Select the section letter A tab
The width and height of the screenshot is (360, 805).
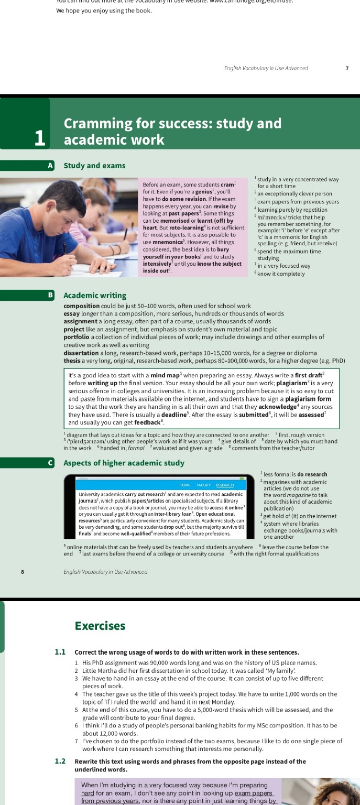(50, 166)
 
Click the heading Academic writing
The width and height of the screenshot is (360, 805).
(95, 295)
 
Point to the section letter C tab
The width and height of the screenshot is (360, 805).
(50, 463)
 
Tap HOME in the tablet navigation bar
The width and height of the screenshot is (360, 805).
(184, 485)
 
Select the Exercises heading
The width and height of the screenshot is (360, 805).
(100, 626)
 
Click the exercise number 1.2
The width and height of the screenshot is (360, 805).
(60, 761)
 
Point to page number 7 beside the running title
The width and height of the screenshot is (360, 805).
(346, 68)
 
